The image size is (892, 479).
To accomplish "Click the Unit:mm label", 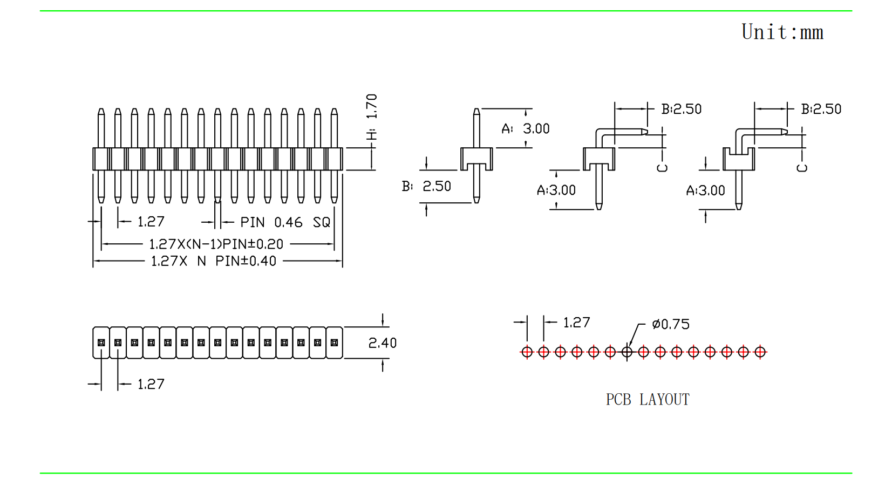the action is point(782,32).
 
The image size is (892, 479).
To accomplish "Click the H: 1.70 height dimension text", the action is point(372,117).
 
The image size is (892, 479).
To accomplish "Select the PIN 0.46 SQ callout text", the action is point(285,222).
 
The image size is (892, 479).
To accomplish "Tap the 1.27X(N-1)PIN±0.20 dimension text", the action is point(216,244).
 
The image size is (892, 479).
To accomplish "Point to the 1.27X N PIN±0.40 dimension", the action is point(214,261).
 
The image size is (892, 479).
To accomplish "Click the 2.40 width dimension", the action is point(382,343).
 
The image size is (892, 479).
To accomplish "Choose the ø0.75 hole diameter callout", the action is point(671,324).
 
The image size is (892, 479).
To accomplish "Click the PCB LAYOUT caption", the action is point(648,399).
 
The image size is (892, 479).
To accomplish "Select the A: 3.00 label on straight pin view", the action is point(525,128).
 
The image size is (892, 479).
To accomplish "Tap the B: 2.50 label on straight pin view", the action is point(426,186).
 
